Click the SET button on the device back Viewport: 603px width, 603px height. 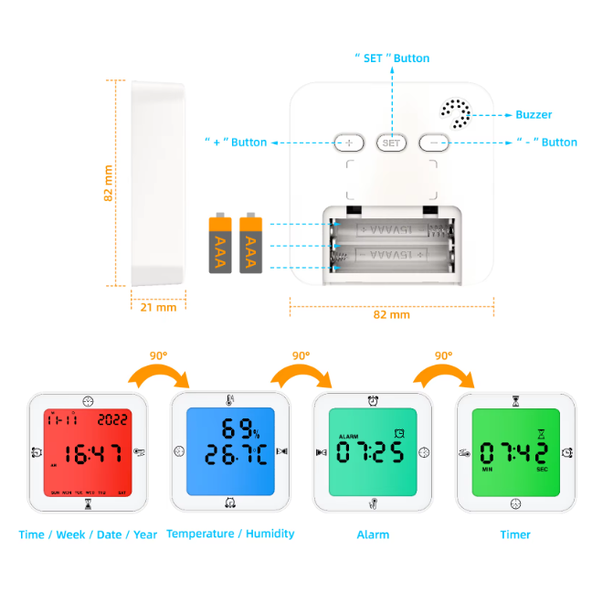391,143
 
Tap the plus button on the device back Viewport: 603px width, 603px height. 349,143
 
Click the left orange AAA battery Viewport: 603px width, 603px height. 220,243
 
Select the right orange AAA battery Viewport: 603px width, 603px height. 250,243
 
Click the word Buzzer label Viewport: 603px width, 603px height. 534,115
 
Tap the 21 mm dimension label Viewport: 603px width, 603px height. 157,307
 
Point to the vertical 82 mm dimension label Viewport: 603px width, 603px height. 109,183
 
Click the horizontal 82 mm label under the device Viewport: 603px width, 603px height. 392,314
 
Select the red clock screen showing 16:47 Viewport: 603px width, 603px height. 87,451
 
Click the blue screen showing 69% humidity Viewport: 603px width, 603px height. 230,451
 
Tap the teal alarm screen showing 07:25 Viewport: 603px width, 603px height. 373,451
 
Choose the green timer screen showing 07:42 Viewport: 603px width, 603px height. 515,451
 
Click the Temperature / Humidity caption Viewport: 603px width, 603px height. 230,534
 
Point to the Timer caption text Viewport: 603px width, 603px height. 515,534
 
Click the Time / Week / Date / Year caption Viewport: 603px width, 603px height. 88,534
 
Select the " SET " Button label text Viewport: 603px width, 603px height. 391,58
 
